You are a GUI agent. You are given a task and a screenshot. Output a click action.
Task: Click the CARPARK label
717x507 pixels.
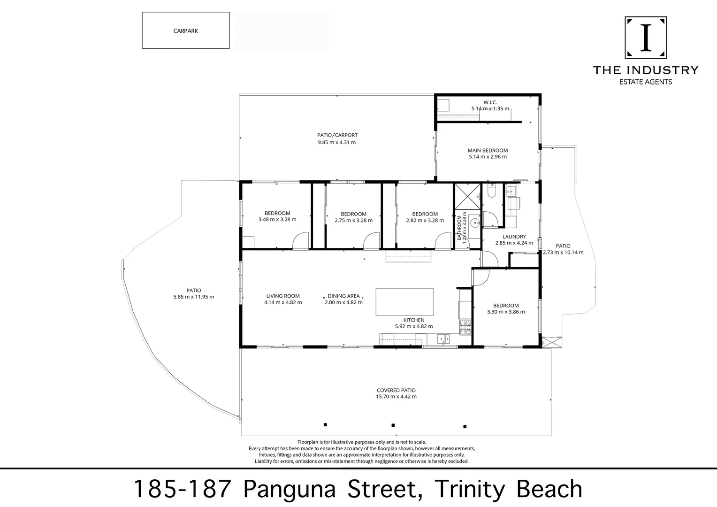click(186, 31)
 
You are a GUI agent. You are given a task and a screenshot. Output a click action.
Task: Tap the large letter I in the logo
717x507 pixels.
click(646, 38)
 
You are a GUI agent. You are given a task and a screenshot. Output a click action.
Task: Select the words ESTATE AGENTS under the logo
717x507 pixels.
click(646, 82)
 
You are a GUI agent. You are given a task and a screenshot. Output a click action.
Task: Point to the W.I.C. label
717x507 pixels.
click(490, 102)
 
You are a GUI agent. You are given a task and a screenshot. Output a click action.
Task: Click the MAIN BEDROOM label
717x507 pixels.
click(488, 150)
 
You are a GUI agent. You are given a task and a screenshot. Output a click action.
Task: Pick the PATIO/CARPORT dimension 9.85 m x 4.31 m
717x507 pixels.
click(337, 142)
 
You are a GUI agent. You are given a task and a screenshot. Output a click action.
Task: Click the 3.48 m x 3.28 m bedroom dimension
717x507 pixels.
click(277, 219)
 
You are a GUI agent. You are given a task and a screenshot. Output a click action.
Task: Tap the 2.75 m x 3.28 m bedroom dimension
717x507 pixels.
click(354, 220)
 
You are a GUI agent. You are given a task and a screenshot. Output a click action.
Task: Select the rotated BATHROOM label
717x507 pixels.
click(459, 228)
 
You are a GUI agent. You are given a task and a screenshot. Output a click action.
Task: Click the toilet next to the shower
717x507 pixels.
click(491, 192)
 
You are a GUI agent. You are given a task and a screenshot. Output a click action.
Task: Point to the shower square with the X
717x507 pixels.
click(468, 196)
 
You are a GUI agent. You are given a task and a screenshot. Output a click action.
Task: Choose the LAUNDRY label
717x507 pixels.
click(514, 237)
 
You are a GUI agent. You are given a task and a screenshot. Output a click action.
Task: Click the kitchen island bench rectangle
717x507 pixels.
click(404, 302)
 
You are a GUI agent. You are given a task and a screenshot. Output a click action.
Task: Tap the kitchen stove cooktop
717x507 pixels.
click(465, 328)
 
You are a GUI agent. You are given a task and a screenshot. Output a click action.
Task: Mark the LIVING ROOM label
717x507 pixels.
click(283, 296)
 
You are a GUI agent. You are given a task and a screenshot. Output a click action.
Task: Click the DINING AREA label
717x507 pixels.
click(344, 296)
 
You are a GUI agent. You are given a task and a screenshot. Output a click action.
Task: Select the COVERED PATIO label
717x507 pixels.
click(396, 390)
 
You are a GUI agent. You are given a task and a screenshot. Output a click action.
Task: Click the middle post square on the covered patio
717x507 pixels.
click(393, 425)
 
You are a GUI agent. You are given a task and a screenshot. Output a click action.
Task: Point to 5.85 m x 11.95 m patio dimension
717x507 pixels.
click(194, 297)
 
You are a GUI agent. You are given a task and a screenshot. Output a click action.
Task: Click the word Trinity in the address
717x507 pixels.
click(470, 490)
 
